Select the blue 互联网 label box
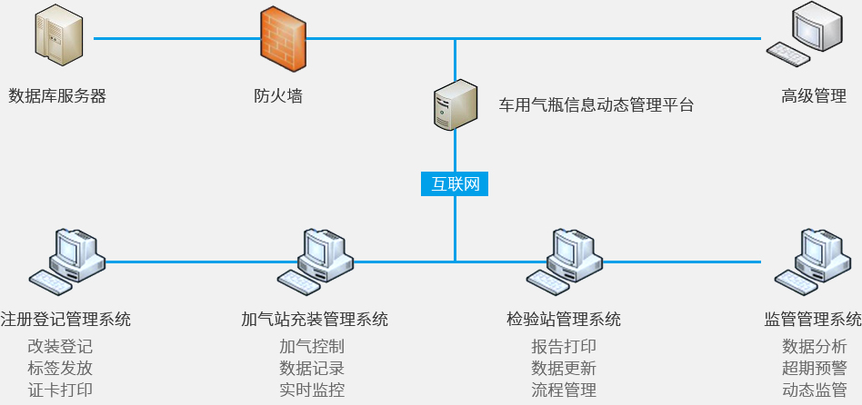(x=455, y=183)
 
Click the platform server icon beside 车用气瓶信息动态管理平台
(x=455, y=105)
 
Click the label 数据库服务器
(x=57, y=95)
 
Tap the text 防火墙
(x=278, y=95)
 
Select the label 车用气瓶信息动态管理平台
(x=596, y=105)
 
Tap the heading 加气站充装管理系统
(x=315, y=320)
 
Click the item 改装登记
(x=60, y=346)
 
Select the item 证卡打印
(x=60, y=391)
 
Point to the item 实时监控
(x=312, y=391)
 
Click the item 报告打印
(x=564, y=346)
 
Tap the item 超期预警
(x=815, y=369)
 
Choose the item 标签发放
(x=60, y=369)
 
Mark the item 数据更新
(x=564, y=369)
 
